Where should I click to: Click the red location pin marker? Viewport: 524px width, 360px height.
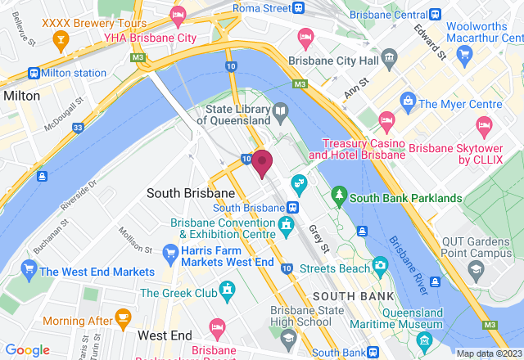(262, 163)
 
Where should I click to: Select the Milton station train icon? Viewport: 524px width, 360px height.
(34, 72)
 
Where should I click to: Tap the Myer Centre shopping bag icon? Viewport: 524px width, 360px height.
(407, 104)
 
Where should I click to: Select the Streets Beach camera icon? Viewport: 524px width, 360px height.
(379, 265)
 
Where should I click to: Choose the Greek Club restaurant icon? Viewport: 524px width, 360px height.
(227, 292)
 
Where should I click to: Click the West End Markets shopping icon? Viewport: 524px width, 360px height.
(29, 271)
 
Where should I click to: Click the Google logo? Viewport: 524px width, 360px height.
(28, 349)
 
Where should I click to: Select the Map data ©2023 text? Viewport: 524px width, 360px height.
(488, 353)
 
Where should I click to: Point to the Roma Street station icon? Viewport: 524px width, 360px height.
(300, 8)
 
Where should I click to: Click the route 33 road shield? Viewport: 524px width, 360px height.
(78, 128)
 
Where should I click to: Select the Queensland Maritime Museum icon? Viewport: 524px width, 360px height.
(423, 339)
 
